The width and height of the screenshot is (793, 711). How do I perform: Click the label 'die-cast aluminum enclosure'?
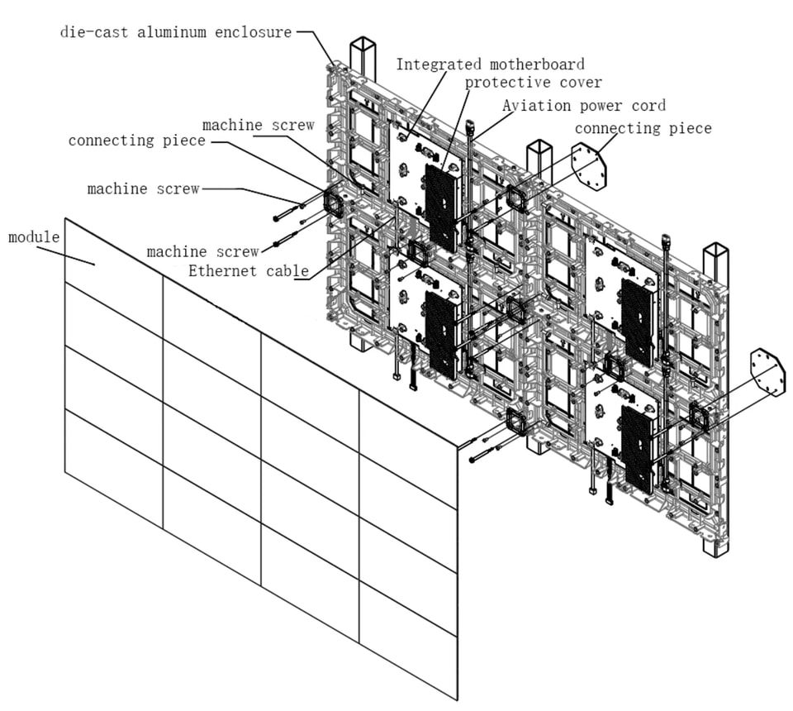coord(176,32)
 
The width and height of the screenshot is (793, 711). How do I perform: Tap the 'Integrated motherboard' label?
coord(490,64)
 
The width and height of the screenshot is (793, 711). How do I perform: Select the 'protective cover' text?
coord(534,82)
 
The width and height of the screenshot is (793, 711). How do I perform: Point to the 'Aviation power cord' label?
coord(584,105)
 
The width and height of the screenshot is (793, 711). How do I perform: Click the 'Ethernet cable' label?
coord(249,270)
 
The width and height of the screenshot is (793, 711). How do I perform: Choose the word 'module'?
coord(34,236)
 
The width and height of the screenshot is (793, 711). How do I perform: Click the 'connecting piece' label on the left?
coord(137,141)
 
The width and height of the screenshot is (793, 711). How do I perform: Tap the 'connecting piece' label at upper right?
coord(643,128)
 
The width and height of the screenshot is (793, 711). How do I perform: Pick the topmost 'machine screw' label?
coord(259,125)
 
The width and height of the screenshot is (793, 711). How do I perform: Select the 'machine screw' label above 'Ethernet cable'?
coord(203,251)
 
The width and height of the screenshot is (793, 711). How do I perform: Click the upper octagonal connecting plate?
coord(589,166)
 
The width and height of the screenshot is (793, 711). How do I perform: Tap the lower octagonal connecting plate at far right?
coord(768,373)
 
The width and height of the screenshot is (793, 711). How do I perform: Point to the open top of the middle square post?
coord(539,147)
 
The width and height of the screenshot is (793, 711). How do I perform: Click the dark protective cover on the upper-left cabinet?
coord(441,208)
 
